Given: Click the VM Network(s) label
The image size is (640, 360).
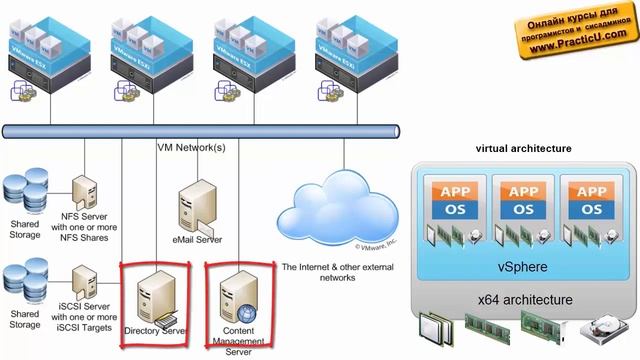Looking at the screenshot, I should click(192, 148).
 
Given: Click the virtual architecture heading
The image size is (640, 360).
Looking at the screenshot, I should click(523, 148).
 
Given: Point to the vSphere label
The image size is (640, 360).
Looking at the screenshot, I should click(523, 269).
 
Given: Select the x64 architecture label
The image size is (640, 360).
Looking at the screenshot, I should click(523, 300).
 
